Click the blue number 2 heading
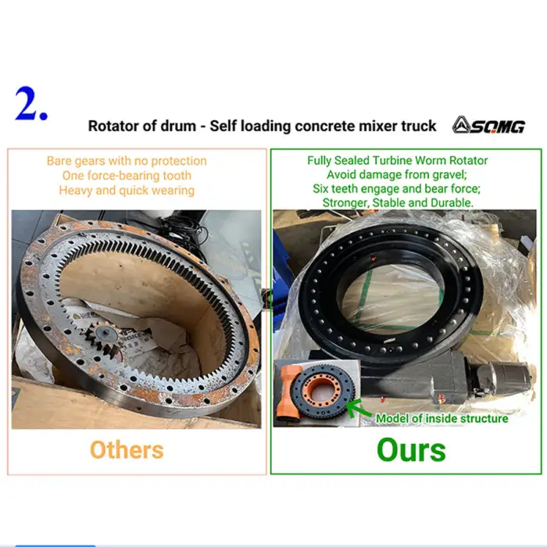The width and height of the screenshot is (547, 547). (x=31, y=104)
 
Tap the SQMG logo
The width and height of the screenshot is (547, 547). (x=488, y=125)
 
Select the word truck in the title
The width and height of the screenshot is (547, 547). (x=419, y=126)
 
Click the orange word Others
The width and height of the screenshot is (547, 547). (x=127, y=449)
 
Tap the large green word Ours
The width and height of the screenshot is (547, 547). (x=411, y=450)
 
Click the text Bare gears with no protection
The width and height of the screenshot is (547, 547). (x=127, y=161)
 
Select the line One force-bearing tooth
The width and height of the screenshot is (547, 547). (x=127, y=176)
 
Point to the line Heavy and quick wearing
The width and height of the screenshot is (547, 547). (x=127, y=191)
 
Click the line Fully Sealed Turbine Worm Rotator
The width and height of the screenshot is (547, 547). (x=397, y=160)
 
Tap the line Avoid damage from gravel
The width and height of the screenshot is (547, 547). (x=397, y=174)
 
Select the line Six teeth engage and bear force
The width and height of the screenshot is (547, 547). (x=397, y=189)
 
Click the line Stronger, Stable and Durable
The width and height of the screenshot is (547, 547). (x=398, y=202)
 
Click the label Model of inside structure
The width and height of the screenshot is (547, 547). (x=442, y=418)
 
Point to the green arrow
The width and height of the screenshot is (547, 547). (x=359, y=408)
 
